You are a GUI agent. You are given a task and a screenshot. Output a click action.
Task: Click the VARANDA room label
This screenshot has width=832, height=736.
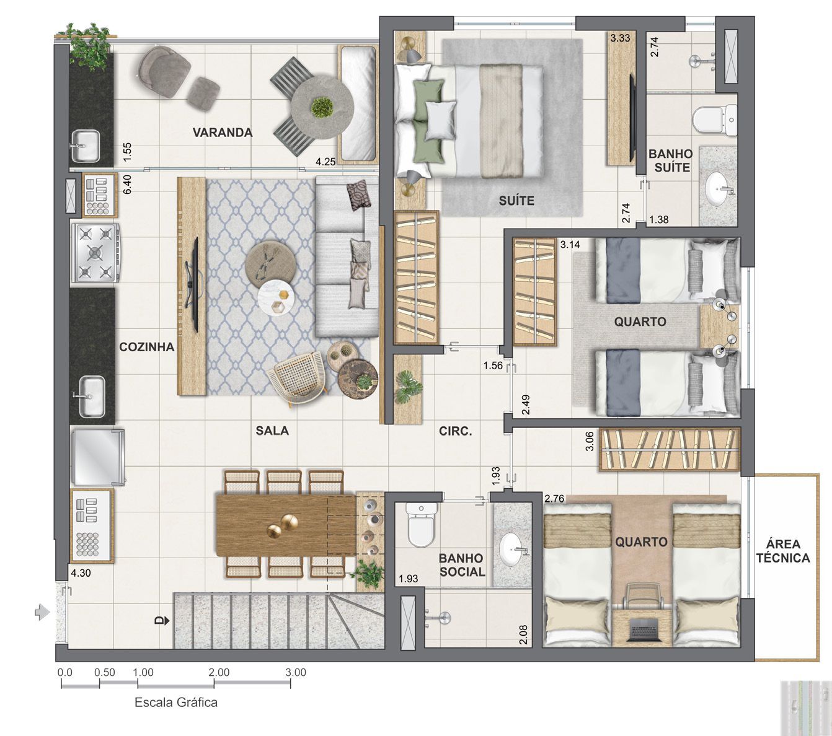coord(222,133)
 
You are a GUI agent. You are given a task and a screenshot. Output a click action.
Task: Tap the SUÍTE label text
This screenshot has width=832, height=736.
coord(516,201)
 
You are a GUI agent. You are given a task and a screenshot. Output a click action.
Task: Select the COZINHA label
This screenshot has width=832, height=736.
coord(147,347)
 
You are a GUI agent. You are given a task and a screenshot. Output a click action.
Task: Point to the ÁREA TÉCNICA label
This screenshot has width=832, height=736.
coord(783,551)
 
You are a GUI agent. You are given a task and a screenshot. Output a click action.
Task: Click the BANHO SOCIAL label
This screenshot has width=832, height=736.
coord(461,565)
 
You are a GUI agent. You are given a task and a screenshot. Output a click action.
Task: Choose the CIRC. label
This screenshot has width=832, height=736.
coord(456,431)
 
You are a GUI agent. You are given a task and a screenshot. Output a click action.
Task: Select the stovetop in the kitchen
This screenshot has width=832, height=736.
coord(95,253)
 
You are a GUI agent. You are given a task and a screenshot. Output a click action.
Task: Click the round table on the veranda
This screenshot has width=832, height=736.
coord(322,107)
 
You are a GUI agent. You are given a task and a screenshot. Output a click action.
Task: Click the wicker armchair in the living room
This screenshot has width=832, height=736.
coord(299,379)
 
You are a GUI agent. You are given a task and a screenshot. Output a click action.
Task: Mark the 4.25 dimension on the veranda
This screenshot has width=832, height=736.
coord(325,162)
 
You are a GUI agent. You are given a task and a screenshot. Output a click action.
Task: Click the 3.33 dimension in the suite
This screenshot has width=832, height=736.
coord(620,38)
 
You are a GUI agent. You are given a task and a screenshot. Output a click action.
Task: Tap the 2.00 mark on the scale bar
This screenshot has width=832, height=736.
coord(219,672)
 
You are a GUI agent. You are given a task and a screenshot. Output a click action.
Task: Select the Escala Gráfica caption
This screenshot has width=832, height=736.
coord(176,703)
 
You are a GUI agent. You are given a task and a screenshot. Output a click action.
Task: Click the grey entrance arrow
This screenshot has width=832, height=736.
coord(42,612)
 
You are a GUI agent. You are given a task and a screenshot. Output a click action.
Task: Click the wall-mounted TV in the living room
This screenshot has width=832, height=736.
coord(193,284)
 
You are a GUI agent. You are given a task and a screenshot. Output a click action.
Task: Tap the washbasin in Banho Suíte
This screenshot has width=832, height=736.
coord(720,186)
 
